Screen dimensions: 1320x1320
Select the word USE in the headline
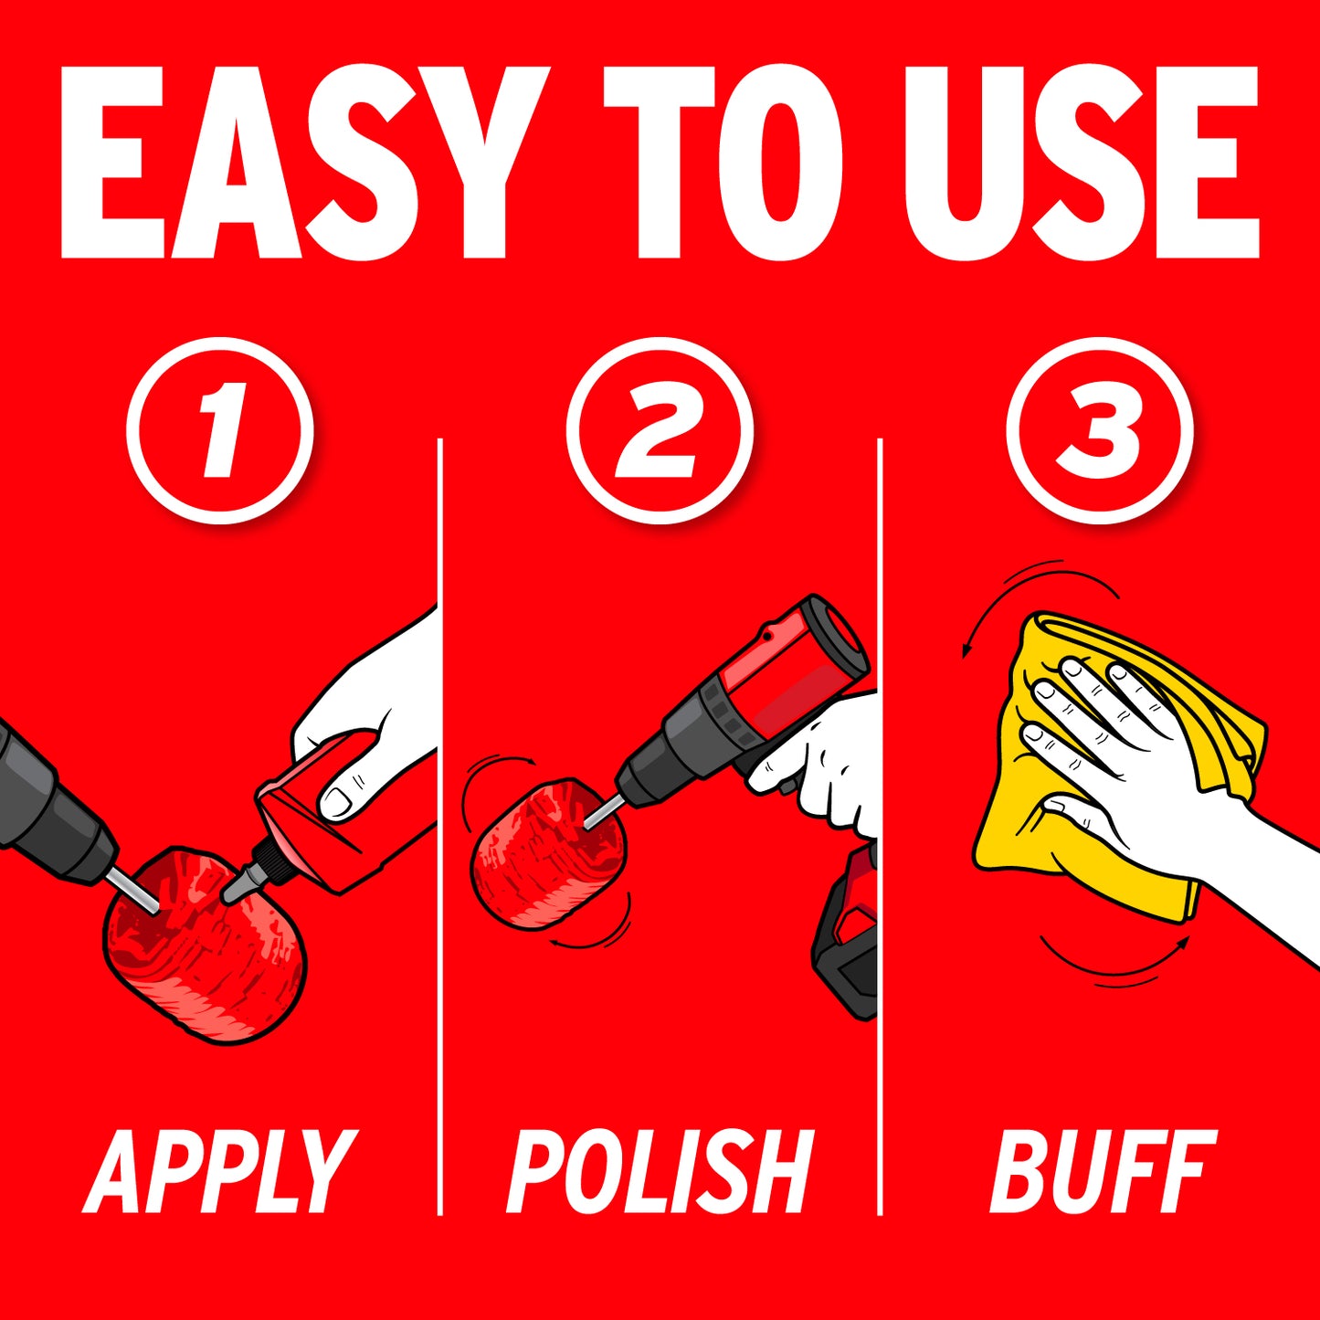[1081, 163]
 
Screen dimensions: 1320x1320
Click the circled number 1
[220, 430]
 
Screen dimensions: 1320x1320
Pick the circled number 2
[660, 430]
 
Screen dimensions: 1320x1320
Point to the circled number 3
[1100, 430]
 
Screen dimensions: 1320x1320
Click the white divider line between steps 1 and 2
[439, 828]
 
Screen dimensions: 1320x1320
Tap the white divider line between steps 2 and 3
[880, 828]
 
